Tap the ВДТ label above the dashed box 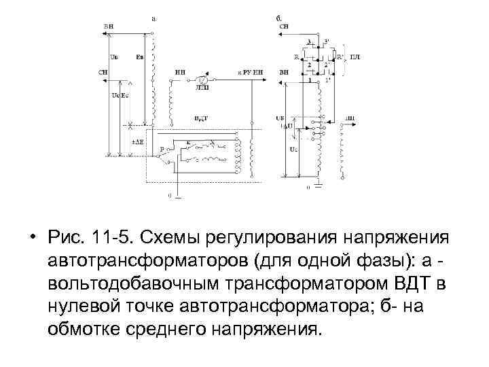pos(202,118)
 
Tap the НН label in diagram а pos(179,71)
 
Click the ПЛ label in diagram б pos(355,56)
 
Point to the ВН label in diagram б pos(283,71)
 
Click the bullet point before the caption pos(32,240)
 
